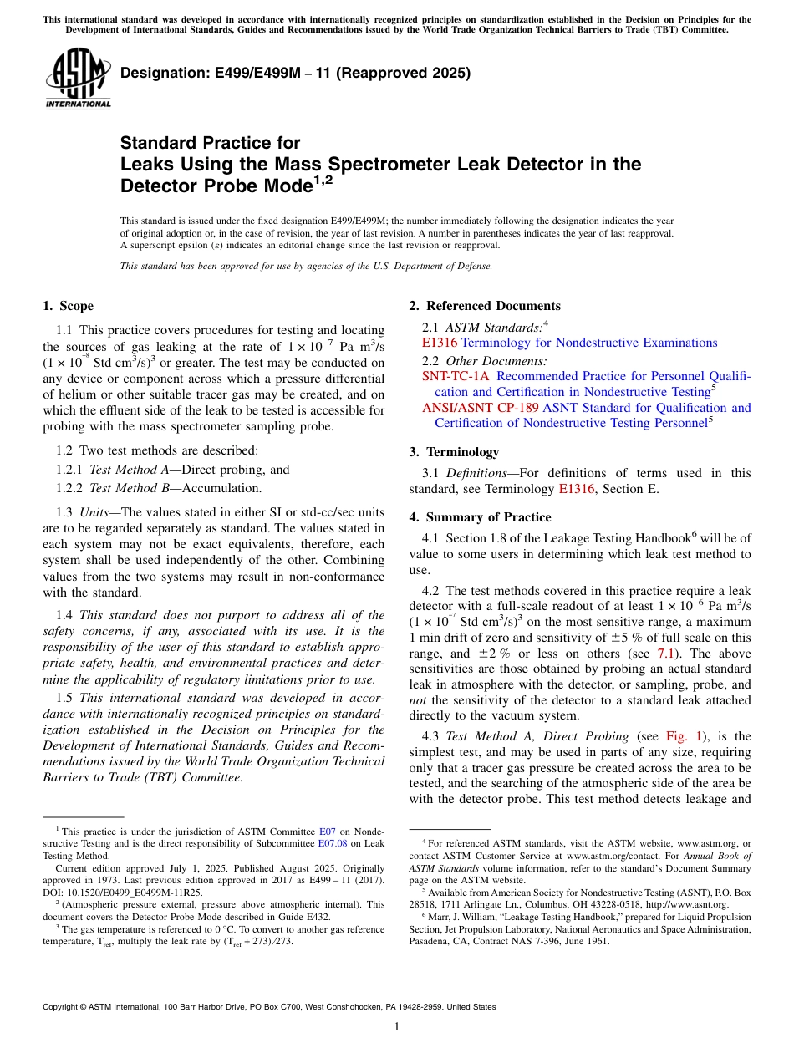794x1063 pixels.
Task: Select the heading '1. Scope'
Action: pos(68,306)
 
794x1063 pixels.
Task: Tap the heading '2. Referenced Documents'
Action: pos(485,306)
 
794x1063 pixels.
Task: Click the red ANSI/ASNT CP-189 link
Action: pos(480,408)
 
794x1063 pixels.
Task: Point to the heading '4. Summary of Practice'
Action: pos(480,516)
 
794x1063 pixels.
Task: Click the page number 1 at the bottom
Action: pos(397,1027)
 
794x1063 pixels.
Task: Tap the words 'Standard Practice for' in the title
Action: pos(210,143)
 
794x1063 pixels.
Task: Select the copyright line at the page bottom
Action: pos(268,1007)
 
